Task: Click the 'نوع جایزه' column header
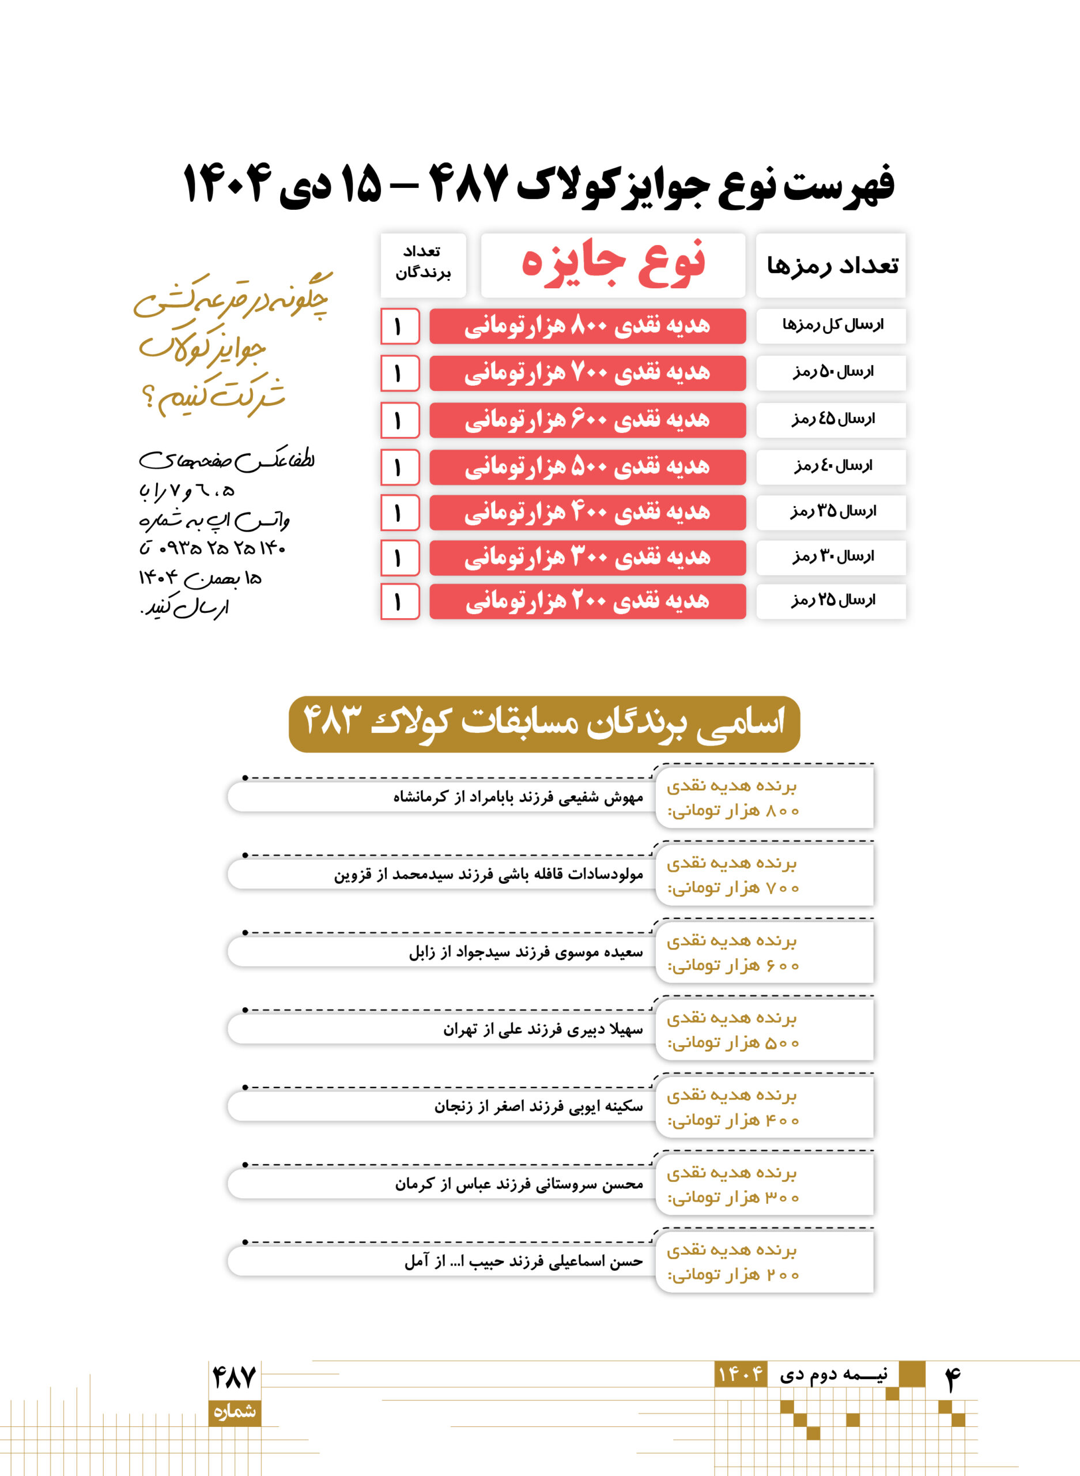(x=613, y=265)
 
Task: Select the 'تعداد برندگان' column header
(x=423, y=263)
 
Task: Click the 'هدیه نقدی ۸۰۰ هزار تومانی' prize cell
(x=587, y=326)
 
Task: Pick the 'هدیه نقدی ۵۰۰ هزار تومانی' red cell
(x=587, y=467)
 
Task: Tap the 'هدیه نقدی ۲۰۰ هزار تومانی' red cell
(x=587, y=601)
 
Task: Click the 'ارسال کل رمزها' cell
(x=831, y=325)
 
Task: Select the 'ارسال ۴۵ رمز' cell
(x=831, y=419)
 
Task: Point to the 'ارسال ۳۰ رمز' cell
(x=831, y=556)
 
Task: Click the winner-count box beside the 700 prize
(x=399, y=374)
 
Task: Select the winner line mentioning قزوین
(x=489, y=874)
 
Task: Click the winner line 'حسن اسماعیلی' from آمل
(x=523, y=1262)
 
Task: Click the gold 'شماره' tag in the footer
(x=234, y=1411)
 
